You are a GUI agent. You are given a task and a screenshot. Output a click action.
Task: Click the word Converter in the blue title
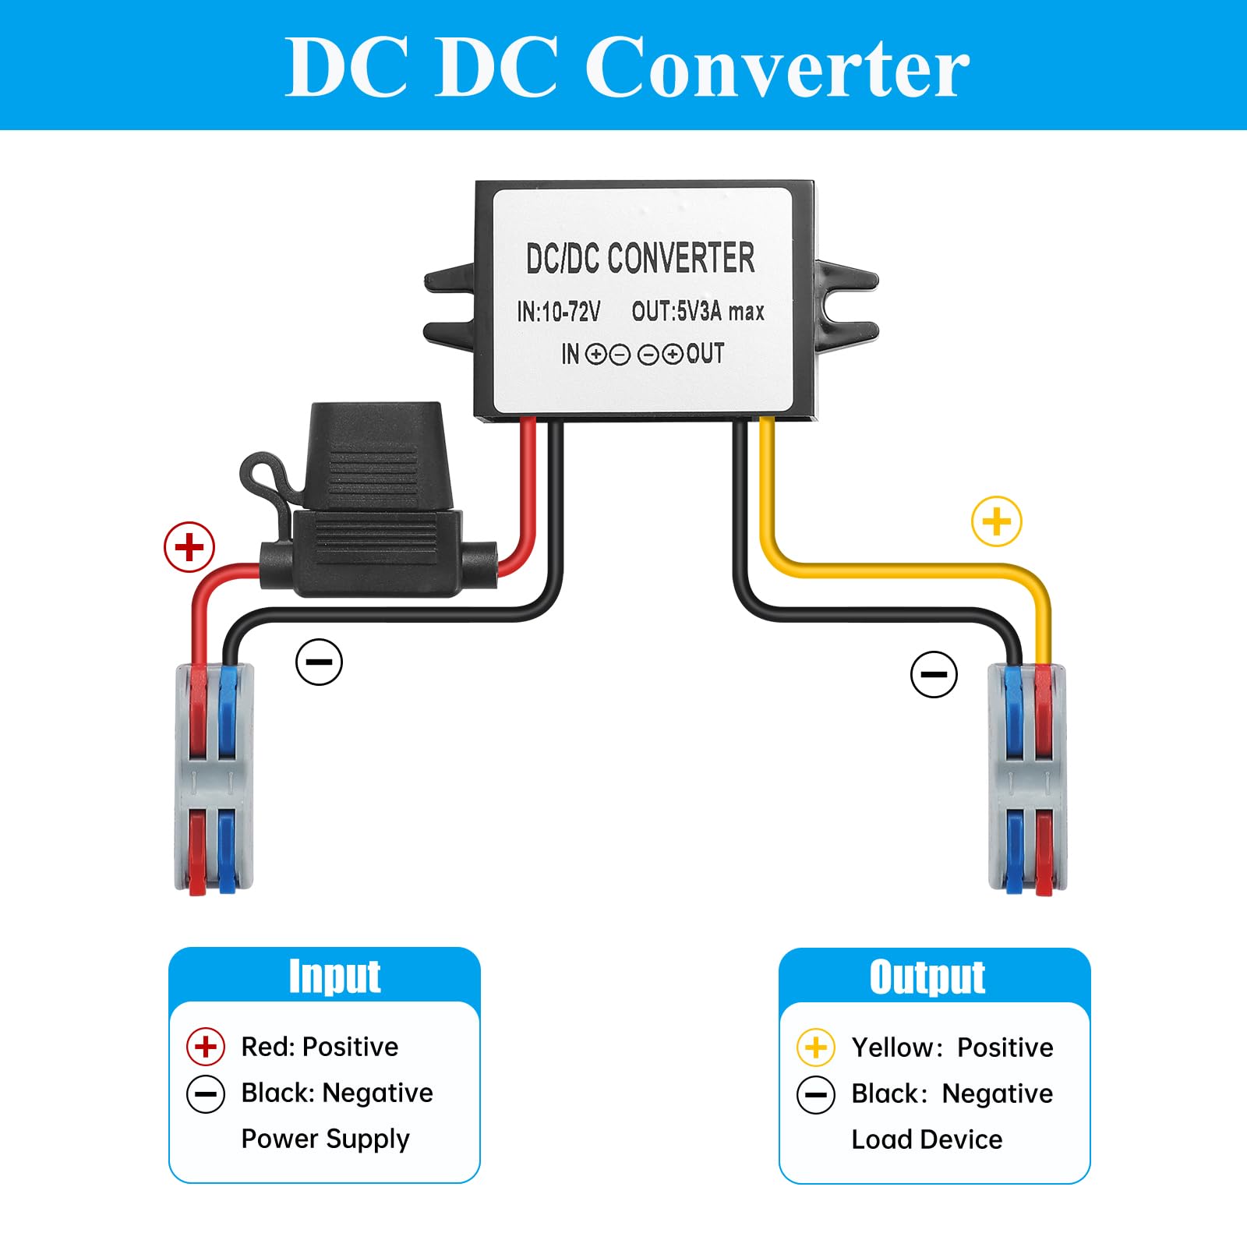point(777,67)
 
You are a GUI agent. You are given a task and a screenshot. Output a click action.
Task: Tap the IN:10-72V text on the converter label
point(558,312)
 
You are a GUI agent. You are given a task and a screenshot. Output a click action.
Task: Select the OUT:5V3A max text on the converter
point(698,311)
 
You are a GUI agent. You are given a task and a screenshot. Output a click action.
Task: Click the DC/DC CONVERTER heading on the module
point(640,258)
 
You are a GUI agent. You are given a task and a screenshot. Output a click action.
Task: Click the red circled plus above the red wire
point(189,547)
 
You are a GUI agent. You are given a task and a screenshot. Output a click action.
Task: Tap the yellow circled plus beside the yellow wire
point(997,521)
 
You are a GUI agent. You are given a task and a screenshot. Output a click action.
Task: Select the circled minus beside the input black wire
point(319,662)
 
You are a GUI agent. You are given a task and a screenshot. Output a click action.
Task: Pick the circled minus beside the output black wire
point(934,674)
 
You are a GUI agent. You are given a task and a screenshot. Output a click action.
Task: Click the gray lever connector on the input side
point(214,779)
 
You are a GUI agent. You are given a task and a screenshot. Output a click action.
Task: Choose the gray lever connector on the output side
point(1027,778)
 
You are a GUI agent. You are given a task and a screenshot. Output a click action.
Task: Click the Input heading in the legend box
point(334,977)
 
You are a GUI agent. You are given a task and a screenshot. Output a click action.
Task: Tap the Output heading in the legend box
point(927,977)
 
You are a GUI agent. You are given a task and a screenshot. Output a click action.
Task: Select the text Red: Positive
point(320,1047)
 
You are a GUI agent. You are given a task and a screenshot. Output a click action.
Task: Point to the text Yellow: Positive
point(952,1047)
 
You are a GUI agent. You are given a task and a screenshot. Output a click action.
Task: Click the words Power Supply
point(325,1139)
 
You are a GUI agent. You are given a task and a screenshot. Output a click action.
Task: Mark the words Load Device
point(927,1139)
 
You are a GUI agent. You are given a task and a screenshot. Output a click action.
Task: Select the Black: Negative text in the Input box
point(337,1093)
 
